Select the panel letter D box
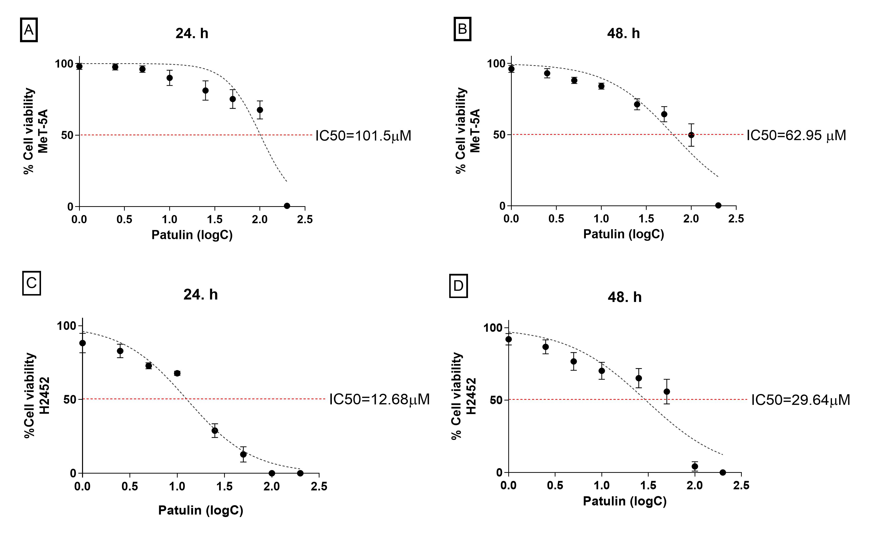(x=458, y=286)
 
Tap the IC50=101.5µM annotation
(x=363, y=136)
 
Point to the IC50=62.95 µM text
(x=796, y=136)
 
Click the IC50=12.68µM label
(x=379, y=399)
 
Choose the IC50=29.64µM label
(x=800, y=400)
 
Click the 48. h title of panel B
(x=623, y=34)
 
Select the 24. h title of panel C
(x=200, y=295)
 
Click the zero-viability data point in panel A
(x=287, y=206)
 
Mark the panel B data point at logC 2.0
(x=691, y=135)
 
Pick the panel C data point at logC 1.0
(x=177, y=373)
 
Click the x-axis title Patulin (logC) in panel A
(x=192, y=235)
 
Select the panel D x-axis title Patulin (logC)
(x=624, y=501)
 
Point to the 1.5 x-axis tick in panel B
(x=646, y=219)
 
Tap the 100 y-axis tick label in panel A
(x=64, y=64)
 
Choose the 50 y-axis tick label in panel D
(x=496, y=400)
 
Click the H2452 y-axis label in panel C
(x=44, y=396)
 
